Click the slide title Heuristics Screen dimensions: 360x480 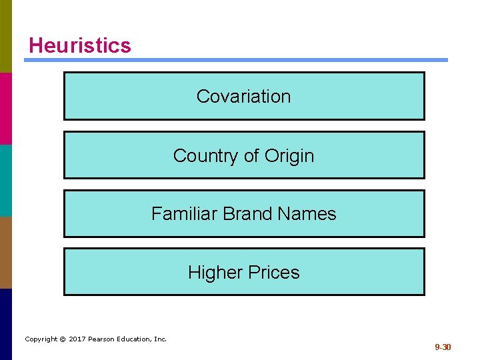click(80, 45)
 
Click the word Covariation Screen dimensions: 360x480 click(243, 96)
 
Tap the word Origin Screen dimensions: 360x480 click(289, 155)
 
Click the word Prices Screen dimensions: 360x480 click(274, 272)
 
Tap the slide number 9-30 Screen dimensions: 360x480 click(443, 347)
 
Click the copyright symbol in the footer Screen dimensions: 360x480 click(62, 339)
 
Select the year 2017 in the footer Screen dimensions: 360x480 click(77, 339)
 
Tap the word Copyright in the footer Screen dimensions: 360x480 click(41, 339)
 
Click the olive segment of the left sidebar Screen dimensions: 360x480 click(6, 36)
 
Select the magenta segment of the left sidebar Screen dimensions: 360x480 click(6, 108)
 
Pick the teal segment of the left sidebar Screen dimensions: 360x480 click(6, 180)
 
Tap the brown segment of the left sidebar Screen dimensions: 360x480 click(6, 252)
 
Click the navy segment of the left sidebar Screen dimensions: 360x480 click(6, 324)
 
